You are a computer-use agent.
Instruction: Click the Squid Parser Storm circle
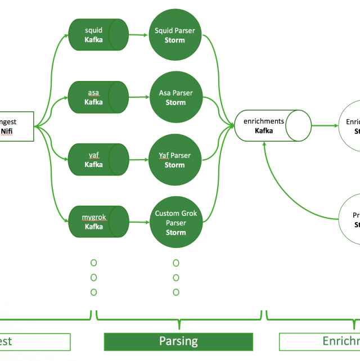(175, 35)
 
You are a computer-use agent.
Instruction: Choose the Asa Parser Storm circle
(175, 97)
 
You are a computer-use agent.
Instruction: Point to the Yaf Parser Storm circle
(175, 160)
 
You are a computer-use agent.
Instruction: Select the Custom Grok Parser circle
(175, 222)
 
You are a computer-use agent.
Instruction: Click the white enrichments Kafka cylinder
(272, 125)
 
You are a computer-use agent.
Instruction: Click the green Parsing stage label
(178, 341)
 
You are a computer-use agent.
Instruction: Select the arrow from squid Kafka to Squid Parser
(138, 35)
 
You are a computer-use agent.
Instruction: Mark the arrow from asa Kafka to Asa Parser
(138, 97)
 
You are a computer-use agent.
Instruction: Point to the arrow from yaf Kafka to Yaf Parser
(138, 160)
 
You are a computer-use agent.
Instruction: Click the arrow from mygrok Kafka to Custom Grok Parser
(138, 222)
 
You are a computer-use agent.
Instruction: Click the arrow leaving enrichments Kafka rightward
(325, 125)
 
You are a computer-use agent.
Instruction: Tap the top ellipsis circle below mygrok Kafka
(93, 263)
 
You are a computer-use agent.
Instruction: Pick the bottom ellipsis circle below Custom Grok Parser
(176, 292)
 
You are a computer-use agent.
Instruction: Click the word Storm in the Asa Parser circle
(175, 102)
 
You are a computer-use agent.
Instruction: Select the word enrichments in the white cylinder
(263, 121)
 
